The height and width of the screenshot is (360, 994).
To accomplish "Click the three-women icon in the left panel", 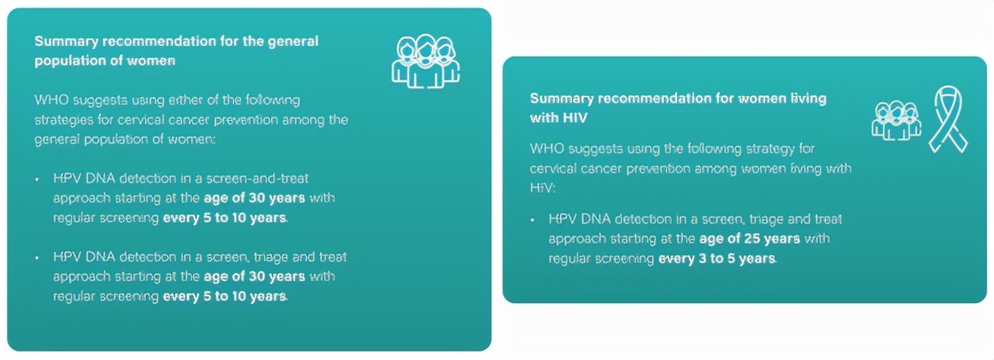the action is (425, 61).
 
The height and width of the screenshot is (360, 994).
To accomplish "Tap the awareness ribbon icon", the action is (948, 119).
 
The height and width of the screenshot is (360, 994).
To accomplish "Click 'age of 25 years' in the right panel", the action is (749, 238).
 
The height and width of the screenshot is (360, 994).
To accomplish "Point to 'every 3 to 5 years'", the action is (717, 259).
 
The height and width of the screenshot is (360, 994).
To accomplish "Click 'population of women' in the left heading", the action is (104, 60).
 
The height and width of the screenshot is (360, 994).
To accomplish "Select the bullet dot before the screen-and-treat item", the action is (37, 179).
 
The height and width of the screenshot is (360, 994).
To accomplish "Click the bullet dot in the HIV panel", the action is (533, 220).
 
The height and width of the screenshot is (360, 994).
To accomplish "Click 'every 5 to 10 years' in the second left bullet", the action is (224, 296).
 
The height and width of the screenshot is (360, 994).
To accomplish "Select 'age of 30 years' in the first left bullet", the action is (254, 198).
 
